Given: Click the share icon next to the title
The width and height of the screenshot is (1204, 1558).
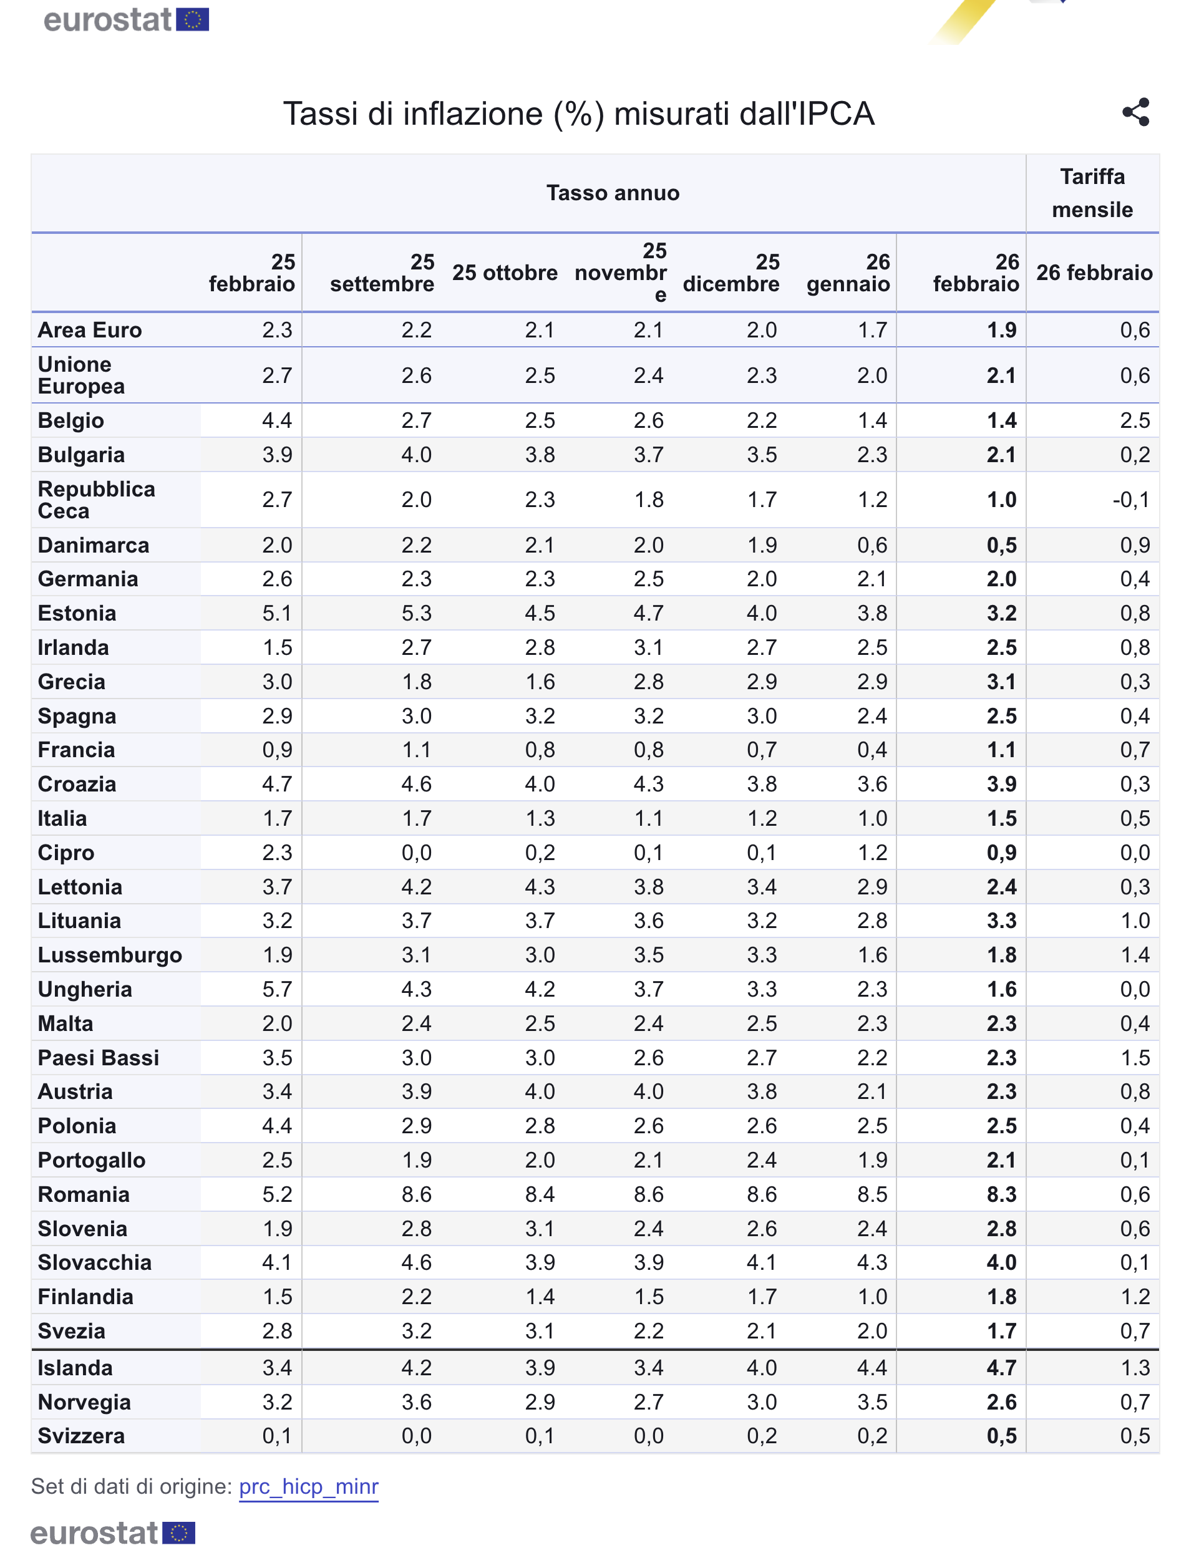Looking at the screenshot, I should (1135, 112).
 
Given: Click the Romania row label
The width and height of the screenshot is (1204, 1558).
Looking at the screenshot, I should (84, 1194).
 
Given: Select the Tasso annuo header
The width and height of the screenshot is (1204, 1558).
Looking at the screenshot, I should (613, 193).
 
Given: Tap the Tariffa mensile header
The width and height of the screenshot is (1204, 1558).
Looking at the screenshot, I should (1092, 193).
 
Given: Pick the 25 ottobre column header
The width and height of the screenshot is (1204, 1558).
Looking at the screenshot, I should (505, 273).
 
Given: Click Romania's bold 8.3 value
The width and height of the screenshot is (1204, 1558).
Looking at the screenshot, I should (1001, 1194).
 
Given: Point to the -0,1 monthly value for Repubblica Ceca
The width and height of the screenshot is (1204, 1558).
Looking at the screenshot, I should (1130, 500).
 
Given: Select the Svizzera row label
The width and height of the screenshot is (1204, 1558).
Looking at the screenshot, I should (81, 1435).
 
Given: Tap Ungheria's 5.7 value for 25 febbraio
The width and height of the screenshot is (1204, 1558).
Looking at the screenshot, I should (277, 989).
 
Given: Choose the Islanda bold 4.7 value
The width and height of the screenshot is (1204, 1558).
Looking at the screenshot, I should (1001, 1368).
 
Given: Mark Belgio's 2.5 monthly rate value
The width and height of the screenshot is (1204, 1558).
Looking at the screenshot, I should (1134, 420).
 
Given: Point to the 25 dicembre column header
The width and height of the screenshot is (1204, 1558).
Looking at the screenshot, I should (731, 273).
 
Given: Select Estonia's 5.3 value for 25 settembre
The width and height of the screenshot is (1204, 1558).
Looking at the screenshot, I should (416, 613).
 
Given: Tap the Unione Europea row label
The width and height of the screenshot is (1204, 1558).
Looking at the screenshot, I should (81, 375).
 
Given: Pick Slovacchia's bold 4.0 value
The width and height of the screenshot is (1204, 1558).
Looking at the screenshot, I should (1001, 1262).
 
